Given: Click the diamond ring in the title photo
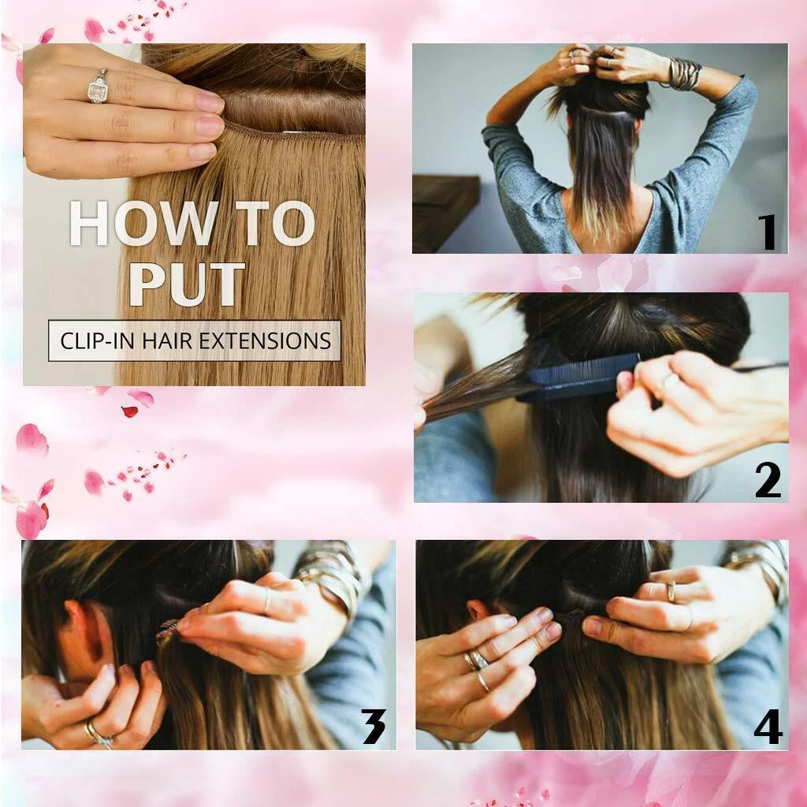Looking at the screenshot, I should point(98,87).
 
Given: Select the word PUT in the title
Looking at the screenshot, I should point(187,284).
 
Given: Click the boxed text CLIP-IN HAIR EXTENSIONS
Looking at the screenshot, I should point(195,340).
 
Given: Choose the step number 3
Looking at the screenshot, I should point(374,726).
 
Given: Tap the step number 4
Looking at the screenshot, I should point(768,726).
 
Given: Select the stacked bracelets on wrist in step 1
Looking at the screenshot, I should point(683,74).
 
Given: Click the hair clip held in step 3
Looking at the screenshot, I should point(169,631).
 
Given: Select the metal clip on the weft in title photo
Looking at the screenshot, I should point(293,134).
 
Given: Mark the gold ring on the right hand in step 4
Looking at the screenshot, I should point(671,591).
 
